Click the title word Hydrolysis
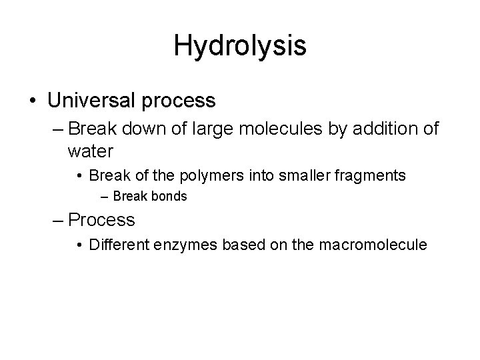pyautogui.click(x=240, y=46)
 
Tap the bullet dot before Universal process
pyautogui.click(x=33, y=101)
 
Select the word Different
pyautogui.click(x=119, y=245)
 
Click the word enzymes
pyautogui.click(x=189, y=245)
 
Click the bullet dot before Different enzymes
pyautogui.click(x=79, y=245)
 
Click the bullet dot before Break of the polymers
pyautogui.click(x=79, y=177)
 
